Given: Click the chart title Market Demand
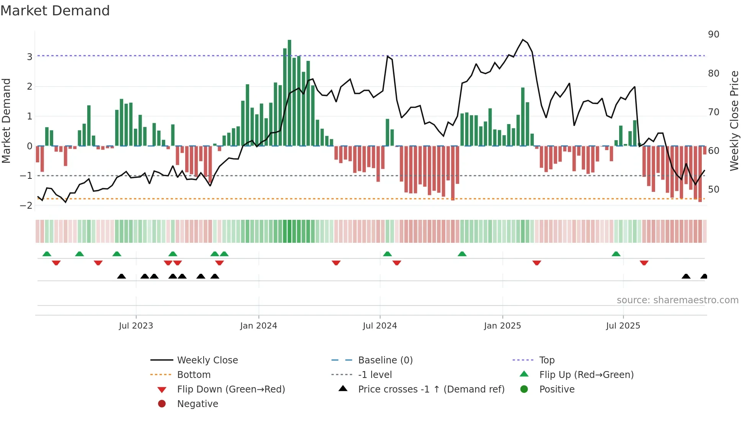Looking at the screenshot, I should point(55,11).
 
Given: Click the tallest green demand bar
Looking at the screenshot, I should point(289,92).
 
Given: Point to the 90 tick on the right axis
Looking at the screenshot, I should point(713,34).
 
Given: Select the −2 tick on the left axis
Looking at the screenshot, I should point(26,205).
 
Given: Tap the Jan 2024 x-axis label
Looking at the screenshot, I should point(258,326).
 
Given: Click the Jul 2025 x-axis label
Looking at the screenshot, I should point(623,326).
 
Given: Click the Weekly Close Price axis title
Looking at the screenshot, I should point(734,121).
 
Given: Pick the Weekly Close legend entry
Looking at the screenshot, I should point(207,360).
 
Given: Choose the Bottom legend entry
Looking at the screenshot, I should point(194,375).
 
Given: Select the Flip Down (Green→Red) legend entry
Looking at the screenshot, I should point(231,389).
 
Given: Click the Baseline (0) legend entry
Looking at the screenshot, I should point(385,360).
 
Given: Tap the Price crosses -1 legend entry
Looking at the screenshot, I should point(431,389).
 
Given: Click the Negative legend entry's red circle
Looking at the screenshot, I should point(162,404).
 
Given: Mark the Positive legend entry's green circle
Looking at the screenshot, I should point(524,389).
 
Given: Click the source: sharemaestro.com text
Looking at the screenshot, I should point(677,300).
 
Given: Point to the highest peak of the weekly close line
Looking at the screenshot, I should point(523,40).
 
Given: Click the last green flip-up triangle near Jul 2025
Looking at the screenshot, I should point(616,254).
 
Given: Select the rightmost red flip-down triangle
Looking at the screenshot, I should point(644,263).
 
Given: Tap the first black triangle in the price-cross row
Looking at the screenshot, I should point(121,276).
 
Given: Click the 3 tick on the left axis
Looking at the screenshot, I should point(29,57).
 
